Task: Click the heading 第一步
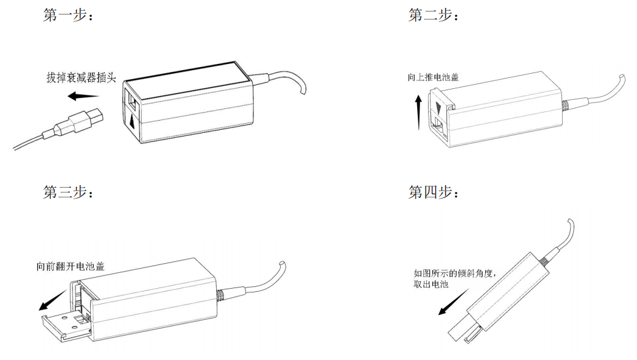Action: pyautogui.click(x=68, y=16)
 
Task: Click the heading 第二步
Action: pyautogui.click(x=433, y=16)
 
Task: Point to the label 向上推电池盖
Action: pyautogui.click(x=433, y=78)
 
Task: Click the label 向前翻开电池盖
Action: pyautogui.click(x=70, y=266)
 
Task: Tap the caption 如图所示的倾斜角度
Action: pyautogui.click(x=456, y=274)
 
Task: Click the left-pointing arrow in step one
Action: pyautogui.click(x=83, y=96)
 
